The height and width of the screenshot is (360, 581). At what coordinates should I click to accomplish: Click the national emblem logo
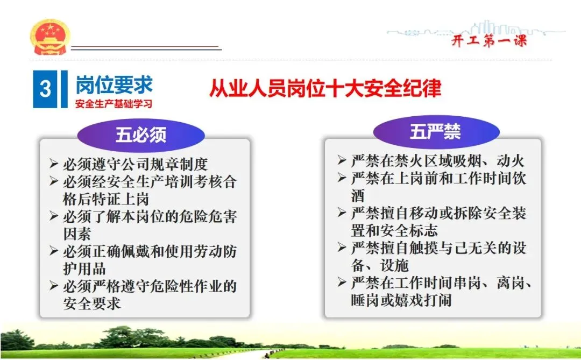(49, 37)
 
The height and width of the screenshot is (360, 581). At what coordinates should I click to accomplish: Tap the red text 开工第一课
(489, 40)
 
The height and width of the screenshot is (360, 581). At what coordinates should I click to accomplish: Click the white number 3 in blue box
(45, 89)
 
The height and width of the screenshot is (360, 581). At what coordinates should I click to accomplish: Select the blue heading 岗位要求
(114, 84)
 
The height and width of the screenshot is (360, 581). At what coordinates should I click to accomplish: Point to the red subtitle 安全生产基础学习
(114, 104)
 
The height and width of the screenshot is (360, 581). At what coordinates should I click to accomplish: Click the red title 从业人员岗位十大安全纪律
(325, 88)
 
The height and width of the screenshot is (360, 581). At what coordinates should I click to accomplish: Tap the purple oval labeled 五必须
(141, 135)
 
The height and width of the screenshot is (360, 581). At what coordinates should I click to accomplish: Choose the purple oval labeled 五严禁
(436, 132)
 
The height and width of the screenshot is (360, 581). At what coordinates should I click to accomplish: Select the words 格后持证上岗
(106, 199)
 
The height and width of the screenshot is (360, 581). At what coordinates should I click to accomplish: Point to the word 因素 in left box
(77, 234)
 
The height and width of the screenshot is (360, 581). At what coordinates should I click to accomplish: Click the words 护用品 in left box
(84, 269)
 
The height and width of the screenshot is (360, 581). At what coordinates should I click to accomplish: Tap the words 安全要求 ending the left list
(91, 303)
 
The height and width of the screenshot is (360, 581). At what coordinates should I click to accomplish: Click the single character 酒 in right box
(358, 195)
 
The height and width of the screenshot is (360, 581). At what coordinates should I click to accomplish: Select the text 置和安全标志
(394, 231)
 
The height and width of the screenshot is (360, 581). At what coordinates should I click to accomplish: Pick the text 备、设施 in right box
(380, 265)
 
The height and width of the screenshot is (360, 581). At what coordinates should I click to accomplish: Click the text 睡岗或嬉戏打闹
(401, 300)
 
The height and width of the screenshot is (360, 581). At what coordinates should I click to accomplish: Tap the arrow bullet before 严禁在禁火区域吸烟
(342, 160)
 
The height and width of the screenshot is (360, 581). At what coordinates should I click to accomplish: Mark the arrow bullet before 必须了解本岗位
(54, 216)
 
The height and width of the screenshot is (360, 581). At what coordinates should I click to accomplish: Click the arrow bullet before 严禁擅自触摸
(342, 247)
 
